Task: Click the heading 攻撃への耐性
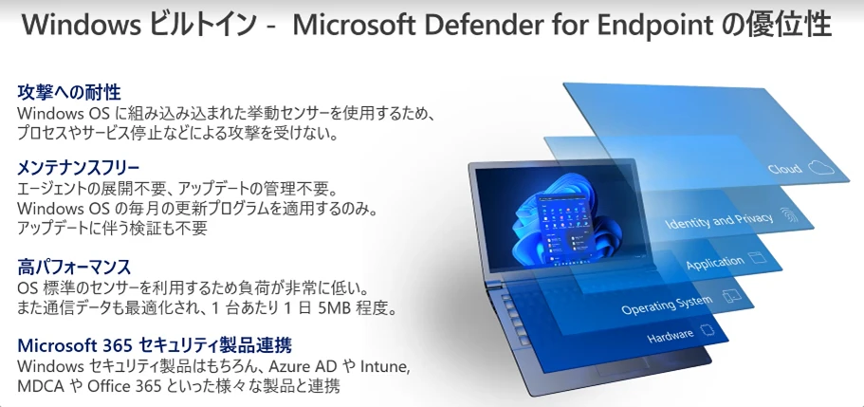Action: (69, 92)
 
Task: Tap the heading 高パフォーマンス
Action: (74, 267)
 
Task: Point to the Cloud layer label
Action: (784, 169)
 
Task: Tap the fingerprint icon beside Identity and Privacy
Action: (785, 213)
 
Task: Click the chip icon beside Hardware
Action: (706, 330)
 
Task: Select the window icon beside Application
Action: (756, 257)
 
